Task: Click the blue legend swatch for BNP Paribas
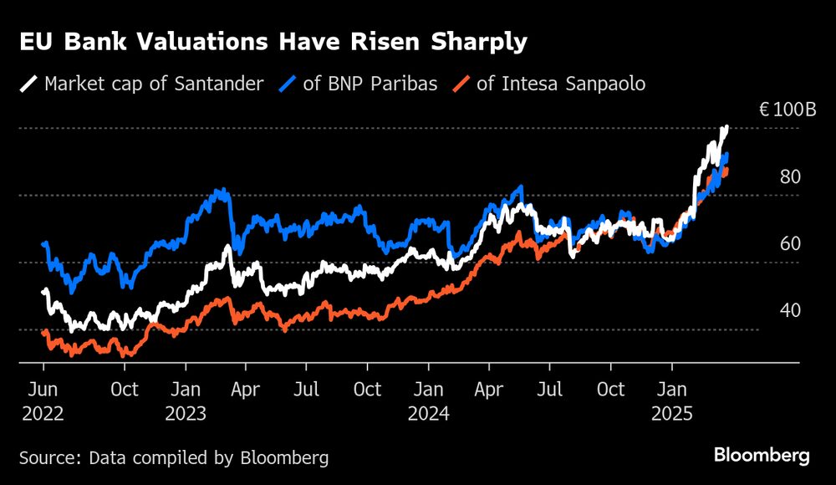tap(288, 84)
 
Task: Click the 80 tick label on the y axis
tap(790, 176)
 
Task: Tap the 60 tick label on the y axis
tap(790, 243)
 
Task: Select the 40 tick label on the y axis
tap(790, 310)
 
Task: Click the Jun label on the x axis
tap(43, 390)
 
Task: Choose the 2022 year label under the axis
tap(43, 414)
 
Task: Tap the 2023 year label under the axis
tap(186, 414)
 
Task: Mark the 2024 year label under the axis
tap(429, 414)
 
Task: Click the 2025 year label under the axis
tap(671, 414)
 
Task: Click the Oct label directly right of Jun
tap(125, 390)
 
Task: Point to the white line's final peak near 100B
tap(726, 127)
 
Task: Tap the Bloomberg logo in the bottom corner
tap(762, 456)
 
